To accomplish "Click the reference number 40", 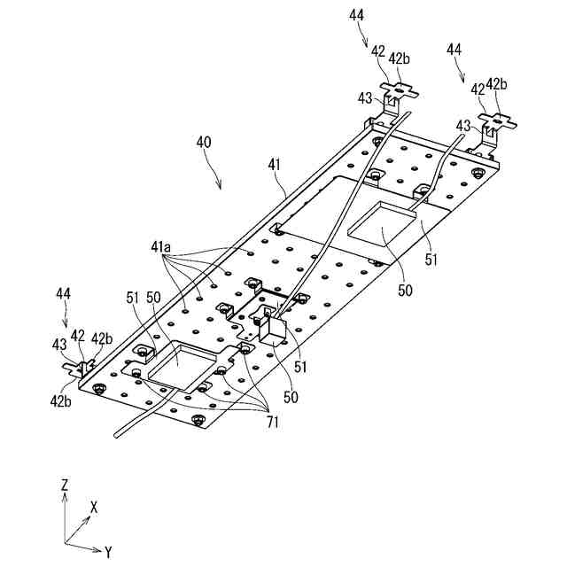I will pos(203,142).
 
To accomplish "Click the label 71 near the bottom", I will pos(272,423).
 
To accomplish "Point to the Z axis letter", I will pos(65,485).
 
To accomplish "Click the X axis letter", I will pos(93,507).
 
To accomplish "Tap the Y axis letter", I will pos(108,553).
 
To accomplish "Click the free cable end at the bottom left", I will pos(115,434).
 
